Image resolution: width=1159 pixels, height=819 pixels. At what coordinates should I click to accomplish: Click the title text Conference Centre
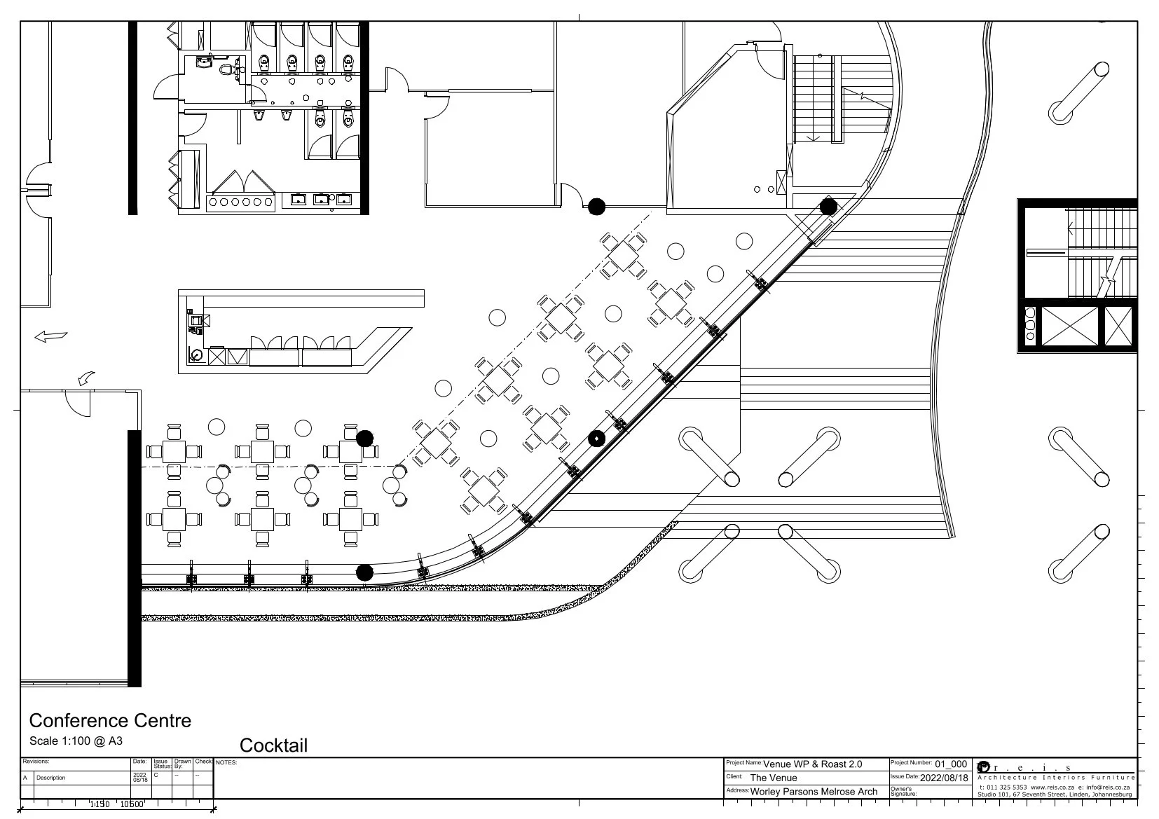click(110, 721)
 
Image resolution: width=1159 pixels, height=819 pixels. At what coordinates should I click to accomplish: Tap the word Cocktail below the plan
click(273, 745)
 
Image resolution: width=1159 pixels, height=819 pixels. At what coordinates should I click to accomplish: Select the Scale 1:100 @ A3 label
click(76, 741)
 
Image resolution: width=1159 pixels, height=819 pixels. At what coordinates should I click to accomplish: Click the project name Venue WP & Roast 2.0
click(812, 764)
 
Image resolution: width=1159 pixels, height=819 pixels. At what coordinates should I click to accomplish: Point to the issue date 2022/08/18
click(943, 778)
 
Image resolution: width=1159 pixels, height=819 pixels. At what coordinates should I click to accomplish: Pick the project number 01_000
click(951, 764)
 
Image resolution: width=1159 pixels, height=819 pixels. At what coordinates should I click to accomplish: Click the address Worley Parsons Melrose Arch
click(814, 792)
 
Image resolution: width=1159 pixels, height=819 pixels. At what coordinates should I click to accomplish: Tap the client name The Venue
click(774, 778)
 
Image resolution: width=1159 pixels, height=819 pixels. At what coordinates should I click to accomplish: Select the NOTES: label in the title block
click(226, 762)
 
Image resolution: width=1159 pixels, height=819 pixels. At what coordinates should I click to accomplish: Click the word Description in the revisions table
click(51, 778)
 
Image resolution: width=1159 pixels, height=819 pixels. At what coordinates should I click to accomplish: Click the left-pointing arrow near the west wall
click(51, 337)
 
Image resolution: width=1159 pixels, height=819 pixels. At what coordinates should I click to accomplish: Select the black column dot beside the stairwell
click(828, 207)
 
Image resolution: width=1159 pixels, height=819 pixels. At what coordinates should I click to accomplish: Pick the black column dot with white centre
click(596, 439)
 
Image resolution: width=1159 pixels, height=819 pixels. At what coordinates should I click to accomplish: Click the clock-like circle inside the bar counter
click(196, 355)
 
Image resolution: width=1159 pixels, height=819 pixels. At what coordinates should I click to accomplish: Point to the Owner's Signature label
click(903, 792)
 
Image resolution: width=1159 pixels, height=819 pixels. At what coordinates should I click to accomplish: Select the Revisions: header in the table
click(36, 762)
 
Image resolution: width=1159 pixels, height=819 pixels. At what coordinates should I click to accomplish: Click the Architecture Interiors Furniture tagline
click(1055, 778)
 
